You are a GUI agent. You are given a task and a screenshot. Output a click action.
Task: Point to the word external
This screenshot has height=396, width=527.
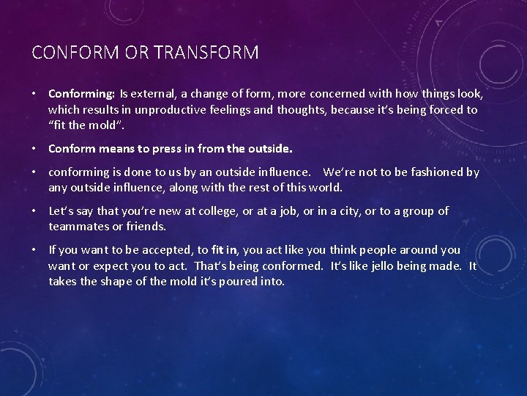[x=155, y=94]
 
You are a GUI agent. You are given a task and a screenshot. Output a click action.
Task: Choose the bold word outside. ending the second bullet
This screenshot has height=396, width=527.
[x=269, y=148]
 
